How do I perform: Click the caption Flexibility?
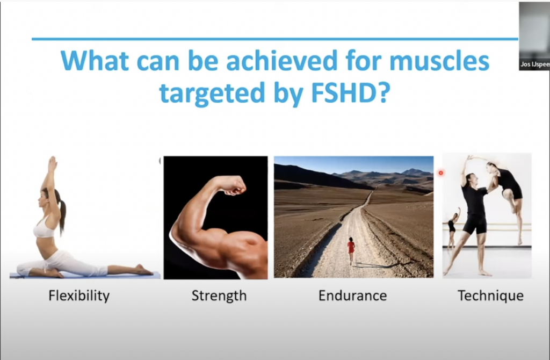coord(79,296)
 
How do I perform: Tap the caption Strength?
coord(219,296)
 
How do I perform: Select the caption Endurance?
coord(352,296)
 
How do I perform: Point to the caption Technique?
coord(490,296)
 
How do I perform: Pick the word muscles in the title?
coord(439,60)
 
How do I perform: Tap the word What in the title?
coord(95,60)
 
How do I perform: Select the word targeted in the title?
coord(212,93)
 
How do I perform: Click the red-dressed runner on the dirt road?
coord(351,250)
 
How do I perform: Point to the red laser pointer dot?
coord(441,172)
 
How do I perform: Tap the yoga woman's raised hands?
coord(52,164)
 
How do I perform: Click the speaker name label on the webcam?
coord(534,64)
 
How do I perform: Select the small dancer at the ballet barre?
coord(452,228)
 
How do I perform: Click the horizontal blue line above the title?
coord(275,39)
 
